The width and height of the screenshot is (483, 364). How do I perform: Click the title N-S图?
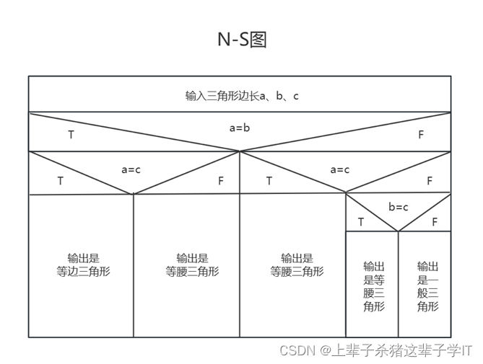[242, 40]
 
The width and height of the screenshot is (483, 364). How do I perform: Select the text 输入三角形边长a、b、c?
[241, 96]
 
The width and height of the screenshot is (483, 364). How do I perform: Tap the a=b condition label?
[240, 128]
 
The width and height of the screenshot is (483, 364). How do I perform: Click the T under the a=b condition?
[71, 135]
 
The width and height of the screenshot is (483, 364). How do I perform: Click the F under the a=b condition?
[421, 135]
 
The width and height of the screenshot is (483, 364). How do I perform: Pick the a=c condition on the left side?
[131, 170]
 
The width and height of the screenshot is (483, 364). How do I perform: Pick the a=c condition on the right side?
[340, 170]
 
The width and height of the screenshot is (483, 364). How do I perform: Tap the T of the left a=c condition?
[61, 181]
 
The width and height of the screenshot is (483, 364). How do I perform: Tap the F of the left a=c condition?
[221, 181]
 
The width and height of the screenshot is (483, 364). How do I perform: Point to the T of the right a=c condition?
[269, 181]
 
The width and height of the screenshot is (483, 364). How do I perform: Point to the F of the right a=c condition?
[430, 181]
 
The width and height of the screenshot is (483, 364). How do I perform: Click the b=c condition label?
[399, 208]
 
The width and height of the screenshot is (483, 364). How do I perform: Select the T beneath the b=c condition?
[361, 222]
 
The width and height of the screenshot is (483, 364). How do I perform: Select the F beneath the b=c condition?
[435, 222]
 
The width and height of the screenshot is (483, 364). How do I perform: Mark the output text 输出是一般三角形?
[427, 285]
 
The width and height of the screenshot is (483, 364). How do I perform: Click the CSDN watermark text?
[375, 350]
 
